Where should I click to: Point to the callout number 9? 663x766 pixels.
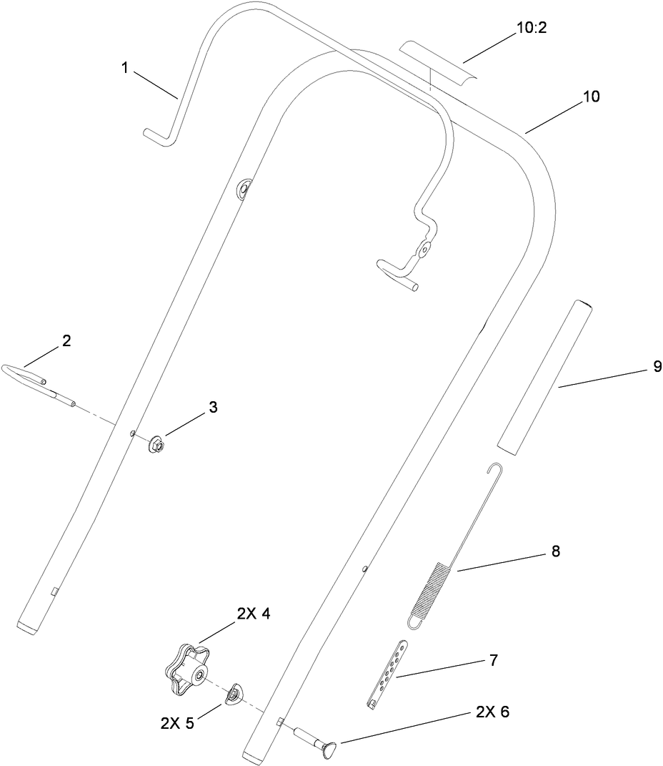click(x=657, y=368)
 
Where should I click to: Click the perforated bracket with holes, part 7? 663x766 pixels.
click(x=387, y=672)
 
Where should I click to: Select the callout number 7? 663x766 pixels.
click(x=494, y=659)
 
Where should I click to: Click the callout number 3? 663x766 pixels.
click(x=213, y=406)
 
